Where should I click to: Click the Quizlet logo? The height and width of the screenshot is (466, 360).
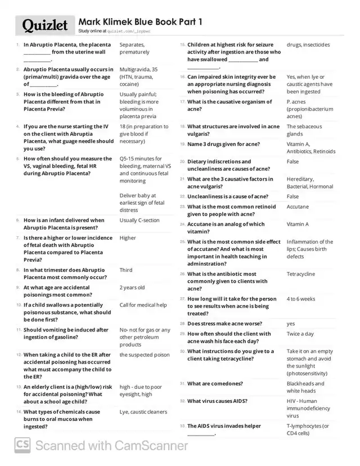45,25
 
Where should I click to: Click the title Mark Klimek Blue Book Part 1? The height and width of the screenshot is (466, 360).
140,21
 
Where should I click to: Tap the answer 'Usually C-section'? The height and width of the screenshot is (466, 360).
139,220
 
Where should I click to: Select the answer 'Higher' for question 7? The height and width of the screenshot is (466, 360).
128,238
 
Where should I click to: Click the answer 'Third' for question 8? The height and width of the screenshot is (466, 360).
126,270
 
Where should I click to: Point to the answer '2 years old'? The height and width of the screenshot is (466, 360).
132,287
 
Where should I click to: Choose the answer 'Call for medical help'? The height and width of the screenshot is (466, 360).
143,305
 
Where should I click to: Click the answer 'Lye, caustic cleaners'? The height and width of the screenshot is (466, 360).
143,411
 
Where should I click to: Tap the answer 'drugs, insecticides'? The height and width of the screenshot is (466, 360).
308,44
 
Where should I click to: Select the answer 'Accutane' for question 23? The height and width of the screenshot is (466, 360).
298,207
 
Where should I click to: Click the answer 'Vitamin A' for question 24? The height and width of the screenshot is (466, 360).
298,224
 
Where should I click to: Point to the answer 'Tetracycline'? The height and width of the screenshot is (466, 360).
301,274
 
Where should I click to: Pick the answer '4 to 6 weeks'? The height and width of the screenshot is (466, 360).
301,299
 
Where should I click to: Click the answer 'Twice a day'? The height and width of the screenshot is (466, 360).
300,334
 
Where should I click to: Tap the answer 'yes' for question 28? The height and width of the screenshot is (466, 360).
291,324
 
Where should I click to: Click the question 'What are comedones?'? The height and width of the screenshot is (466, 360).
215,383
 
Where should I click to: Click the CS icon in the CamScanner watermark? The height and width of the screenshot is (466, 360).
22,445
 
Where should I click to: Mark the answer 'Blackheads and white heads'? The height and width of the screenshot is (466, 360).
305,387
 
